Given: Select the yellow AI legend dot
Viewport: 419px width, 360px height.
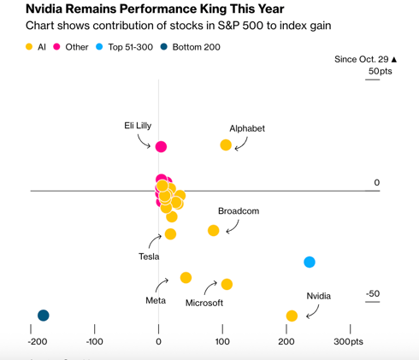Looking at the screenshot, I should pos(31,46).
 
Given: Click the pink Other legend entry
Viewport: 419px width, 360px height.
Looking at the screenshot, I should pos(76,46).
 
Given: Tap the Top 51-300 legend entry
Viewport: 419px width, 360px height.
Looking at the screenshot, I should pos(132,46).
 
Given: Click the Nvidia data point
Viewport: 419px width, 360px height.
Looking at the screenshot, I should pos(292,316).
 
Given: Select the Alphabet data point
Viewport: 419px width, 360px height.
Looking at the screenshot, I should pos(226,145).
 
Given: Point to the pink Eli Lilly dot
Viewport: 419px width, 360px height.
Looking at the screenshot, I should pos(161,148).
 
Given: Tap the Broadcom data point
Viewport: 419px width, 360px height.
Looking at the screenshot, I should pos(214,230).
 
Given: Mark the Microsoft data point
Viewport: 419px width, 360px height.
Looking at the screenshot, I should pos(227,284).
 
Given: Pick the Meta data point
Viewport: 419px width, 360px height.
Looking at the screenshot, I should pos(186,278).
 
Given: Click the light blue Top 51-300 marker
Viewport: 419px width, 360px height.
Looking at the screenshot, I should pos(310,262).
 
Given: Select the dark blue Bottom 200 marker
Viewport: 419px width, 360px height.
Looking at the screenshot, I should pos(43,316).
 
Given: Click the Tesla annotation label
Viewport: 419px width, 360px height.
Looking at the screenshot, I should pos(150,257).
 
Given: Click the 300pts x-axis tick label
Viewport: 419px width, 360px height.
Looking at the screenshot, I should pos(349,342).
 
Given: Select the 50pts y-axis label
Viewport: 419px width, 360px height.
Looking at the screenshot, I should pos(375,71).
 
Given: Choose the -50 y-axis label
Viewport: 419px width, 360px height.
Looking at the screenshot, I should pos(372,294).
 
